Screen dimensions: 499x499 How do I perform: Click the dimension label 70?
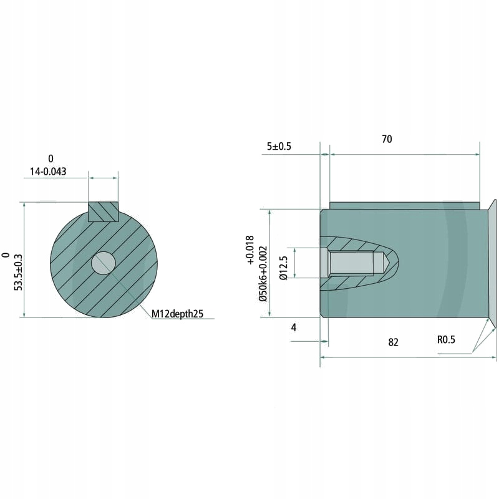pos(387,139)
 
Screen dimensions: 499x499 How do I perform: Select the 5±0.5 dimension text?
pos(279,147)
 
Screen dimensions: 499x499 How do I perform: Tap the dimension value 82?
pos(392,342)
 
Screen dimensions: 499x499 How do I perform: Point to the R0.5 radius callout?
pos(447,340)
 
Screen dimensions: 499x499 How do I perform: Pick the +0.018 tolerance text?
pos(250,251)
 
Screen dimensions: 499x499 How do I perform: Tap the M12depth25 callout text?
pos(178,313)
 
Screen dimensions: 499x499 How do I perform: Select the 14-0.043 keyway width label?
pos(48,170)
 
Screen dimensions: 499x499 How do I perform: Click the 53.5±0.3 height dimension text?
pos(18,271)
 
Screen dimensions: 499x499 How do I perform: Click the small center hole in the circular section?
pos(103,263)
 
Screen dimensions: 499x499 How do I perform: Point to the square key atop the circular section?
pos(103,211)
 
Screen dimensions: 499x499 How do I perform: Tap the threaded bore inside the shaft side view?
pos(352,263)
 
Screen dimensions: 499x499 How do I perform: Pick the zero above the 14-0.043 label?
pos(51,158)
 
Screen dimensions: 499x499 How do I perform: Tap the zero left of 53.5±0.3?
pos(6,255)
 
